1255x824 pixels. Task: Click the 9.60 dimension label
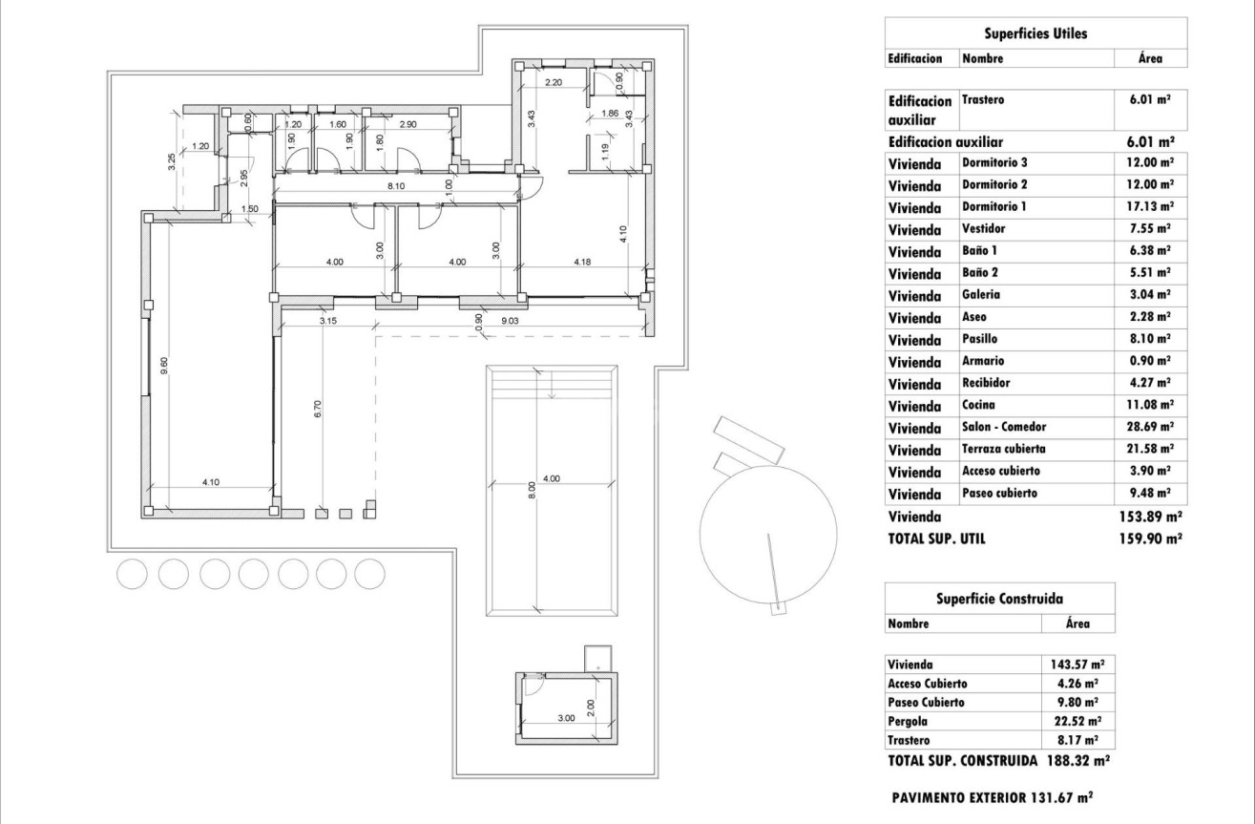pyautogui.click(x=165, y=365)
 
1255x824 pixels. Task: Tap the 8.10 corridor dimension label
pyautogui.click(x=384, y=187)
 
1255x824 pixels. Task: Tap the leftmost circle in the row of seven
pyautogui.click(x=133, y=573)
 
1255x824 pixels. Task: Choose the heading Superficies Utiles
pyautogui.click(x=1035, y=33)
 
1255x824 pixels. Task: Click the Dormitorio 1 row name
pyautogui.click(x=994, y=206)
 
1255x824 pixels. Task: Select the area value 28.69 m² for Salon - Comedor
pyautogui.click(x=1150, y=427)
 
